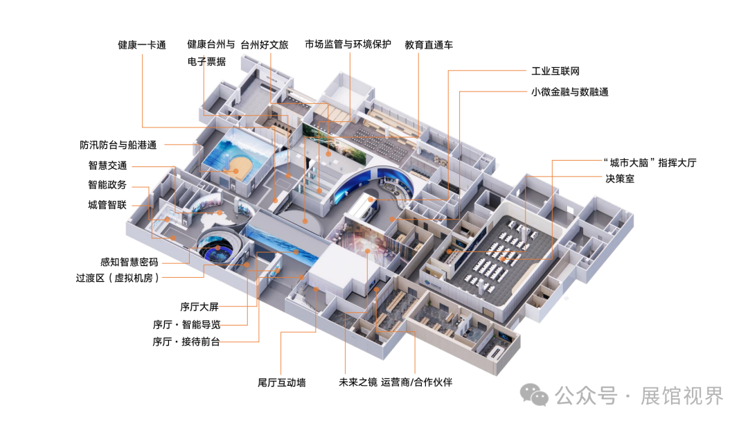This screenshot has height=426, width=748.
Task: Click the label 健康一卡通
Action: pyautogui.click(x=142, y=46)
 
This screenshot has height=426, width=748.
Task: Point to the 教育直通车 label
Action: pyautogui.click(x=429, y=46)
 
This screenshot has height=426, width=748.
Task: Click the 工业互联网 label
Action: pyautogui.click(x=555, y=71)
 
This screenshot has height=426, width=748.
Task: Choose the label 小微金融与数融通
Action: pyautogui.click(x=569, y=91)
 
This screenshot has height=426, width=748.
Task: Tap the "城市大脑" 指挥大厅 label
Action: pyautogui.click(x=649, y=163)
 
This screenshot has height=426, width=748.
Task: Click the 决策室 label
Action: pyautogui.click(x=618, y=179)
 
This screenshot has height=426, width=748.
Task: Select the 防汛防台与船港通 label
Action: pyautogui.click(x=118, y=145)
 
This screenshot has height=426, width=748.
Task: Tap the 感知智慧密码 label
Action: pyautogui.click(x=130, y=263)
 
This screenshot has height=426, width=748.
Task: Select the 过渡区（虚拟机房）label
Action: pyautogui.click(x=118, y=278)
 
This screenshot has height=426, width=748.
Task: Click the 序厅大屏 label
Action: pyautogui.click(x=199, y=307)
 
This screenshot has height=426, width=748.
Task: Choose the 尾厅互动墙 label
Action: pyautogui.click(x=281, y=382)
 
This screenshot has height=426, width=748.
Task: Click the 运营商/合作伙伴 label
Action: pyautogui.click(x=416, y=382)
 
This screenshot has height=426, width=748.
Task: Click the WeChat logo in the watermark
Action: pyautogui.click(x=536, y=395)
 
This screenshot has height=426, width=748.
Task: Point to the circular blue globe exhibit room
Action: pyautogui.click(x=217, y=247)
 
